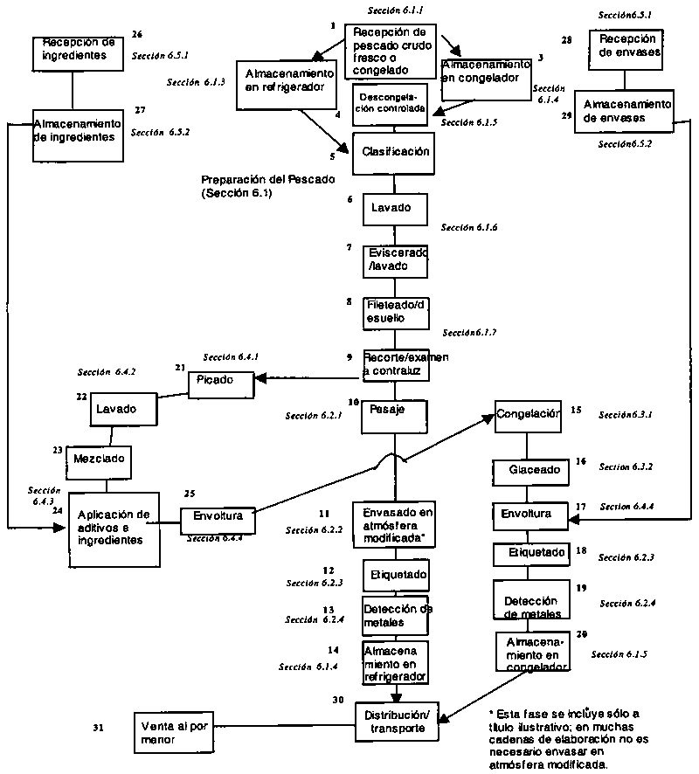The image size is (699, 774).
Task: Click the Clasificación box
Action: tap(395, 152)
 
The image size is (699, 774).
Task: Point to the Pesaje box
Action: tap(393, 411)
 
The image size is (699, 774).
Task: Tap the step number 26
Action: tap(137, 34)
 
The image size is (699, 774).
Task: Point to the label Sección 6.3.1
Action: tap(626, 415)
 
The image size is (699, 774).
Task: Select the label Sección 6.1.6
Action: tap(469, 227)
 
